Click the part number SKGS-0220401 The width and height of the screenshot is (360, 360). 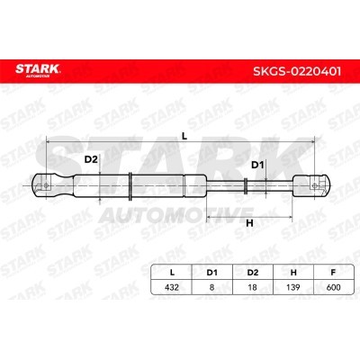coord(297,72)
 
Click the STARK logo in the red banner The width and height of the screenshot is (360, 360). coord(38,70)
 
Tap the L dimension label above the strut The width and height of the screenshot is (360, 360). coord(184,136)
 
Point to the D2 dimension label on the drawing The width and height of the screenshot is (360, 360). coord(91,159)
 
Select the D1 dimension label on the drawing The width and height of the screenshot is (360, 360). coord(257,165)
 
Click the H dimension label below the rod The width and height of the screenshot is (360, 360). coord(249,223)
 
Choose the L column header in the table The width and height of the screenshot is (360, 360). coord(172,273)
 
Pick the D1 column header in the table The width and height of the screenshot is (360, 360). coord(211,273)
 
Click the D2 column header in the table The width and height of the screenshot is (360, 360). coord(253,273)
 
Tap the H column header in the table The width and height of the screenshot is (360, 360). coord(293,273)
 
